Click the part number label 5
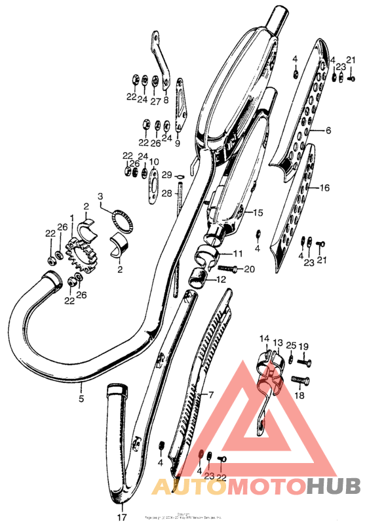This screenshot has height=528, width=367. [x=82, y=397]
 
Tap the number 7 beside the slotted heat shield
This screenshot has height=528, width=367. [x=211, y=395]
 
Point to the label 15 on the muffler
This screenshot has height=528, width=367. [x=258, y=213]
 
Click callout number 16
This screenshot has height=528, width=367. [x=324, y=188]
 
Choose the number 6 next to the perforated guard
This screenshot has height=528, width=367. [x=328, y=131]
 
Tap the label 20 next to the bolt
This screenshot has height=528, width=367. [x=248, y=269]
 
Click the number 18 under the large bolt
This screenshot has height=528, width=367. [x=300, y=396]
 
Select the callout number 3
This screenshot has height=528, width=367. [x=100, y=196]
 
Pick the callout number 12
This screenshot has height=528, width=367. [x=220, y=279]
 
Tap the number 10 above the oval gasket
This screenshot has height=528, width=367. [x=153, y=161]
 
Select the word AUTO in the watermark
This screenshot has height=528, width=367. [x=185, y=486]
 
